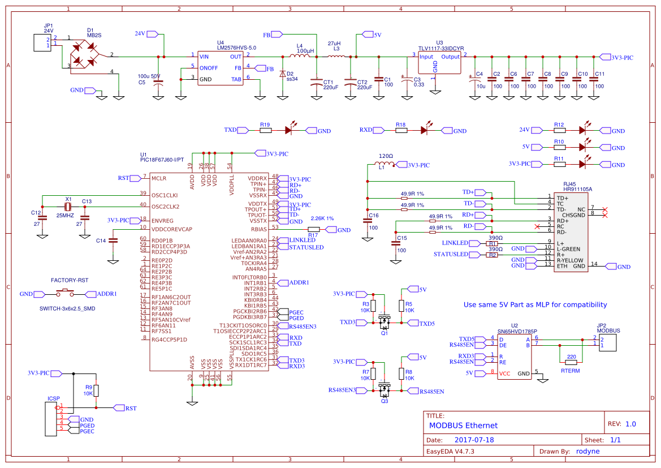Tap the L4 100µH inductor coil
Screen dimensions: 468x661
tap(300, 56)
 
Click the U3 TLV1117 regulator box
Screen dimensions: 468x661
tap(439, 63)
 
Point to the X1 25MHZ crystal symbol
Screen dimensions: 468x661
tap(68, 207)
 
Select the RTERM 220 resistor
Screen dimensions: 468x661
tap(571, 362)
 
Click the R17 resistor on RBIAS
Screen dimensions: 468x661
tap(314, 230)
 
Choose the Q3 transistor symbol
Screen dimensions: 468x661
tap(385, 390)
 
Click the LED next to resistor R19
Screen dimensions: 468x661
tap(290, 130)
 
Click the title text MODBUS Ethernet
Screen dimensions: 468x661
tap(463, 426)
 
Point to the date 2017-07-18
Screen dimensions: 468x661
tap(474, 440)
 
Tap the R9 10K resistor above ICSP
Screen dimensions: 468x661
tap(96, 390)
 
